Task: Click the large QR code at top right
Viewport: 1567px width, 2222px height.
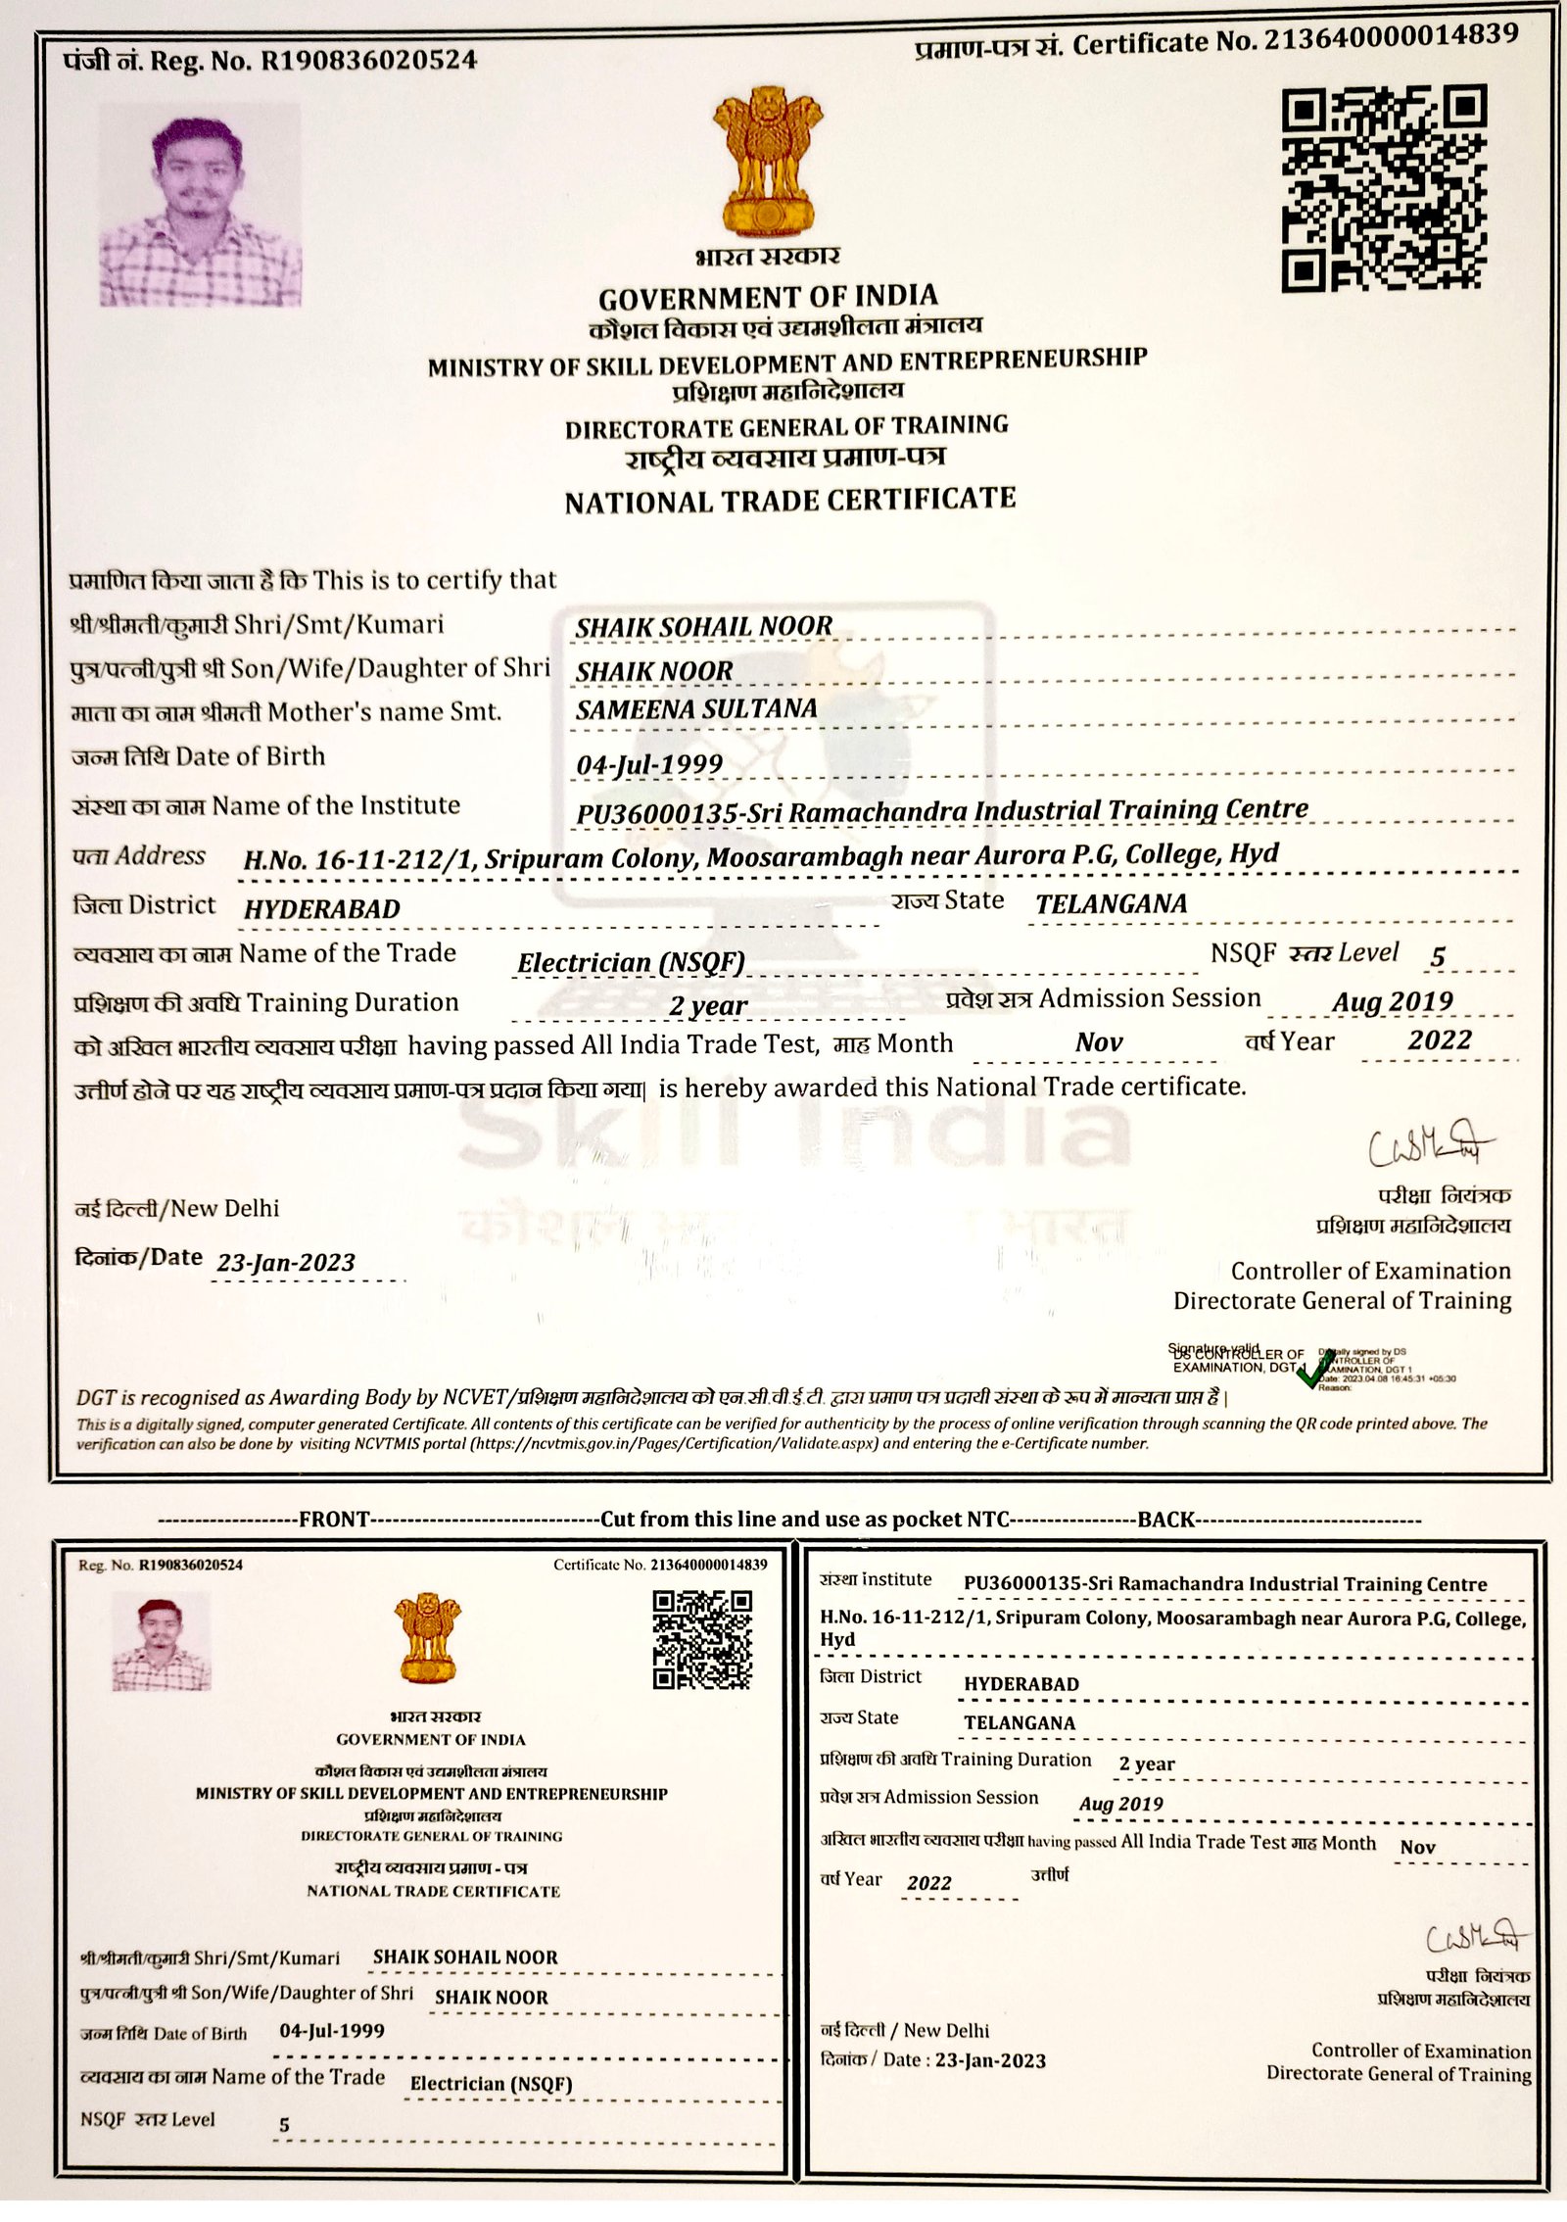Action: click(1384, 188)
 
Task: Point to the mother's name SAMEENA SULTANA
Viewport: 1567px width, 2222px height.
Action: click(695, 709)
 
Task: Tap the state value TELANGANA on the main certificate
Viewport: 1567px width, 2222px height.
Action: click(1111, 904)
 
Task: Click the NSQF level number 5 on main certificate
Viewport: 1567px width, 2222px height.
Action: click(1437, 958)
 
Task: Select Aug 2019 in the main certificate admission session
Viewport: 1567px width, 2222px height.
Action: click(1392, 1002)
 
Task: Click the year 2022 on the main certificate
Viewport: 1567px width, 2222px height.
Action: click(1440, 1040)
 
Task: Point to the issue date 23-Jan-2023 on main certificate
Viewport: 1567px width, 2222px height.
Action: click(286, 1263)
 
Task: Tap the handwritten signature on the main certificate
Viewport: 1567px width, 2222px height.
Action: click(1429, 1147)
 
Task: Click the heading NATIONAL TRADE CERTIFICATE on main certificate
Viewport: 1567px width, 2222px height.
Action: click(789, 501)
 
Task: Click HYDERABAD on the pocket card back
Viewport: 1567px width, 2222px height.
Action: click(1021, 1684)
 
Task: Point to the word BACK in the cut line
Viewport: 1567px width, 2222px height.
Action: click(1165, 1520)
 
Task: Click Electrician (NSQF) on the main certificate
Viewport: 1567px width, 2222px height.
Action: click(631, 963)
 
